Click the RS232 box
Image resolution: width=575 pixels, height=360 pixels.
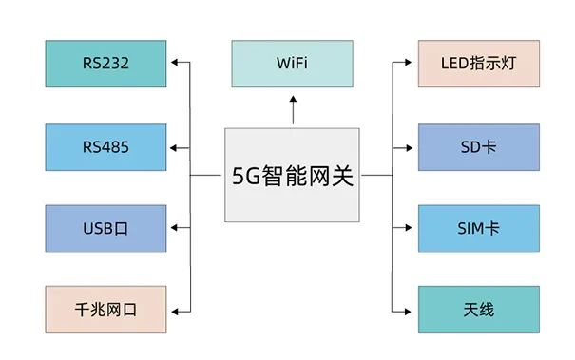coord(105,65)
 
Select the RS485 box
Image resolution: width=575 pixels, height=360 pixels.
coord(105,147)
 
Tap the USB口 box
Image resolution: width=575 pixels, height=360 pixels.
coord(105,229)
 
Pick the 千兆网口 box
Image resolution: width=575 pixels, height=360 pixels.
coord(105,310)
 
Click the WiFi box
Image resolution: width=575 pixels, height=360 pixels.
coord(293,65)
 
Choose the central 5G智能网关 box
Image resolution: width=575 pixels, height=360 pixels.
coord(293,176)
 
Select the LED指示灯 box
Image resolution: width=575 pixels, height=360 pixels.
coord(478,65)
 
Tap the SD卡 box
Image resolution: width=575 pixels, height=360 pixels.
coord(478,147)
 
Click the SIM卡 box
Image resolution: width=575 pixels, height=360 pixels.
coord(478,229)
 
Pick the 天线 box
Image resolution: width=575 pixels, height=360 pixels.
coord(478,310)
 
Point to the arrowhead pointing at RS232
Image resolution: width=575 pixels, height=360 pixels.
coord(175,65)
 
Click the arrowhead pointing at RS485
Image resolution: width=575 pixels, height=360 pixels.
coord(175,147)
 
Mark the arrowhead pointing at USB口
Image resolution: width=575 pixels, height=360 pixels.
coord(175,229)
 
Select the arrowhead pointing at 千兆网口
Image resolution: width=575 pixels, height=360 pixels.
coord(175,310)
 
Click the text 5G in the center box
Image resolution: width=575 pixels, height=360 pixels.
coord(246,176)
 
